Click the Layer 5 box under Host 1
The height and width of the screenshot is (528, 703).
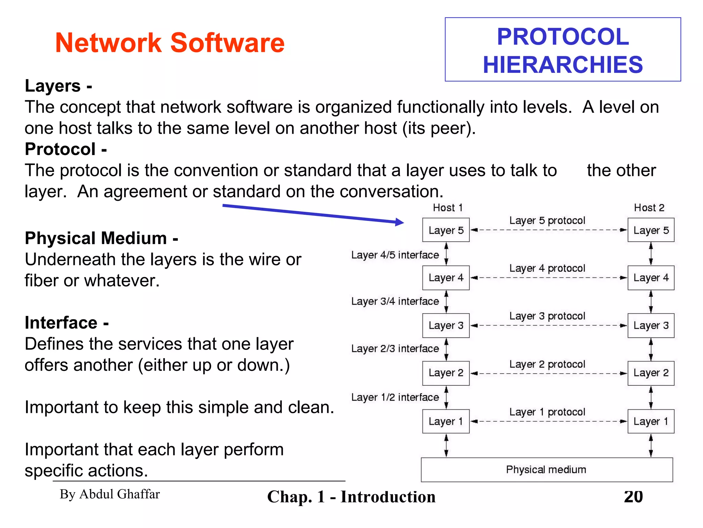point(446,230)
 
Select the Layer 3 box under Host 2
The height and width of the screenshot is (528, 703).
point(651,325)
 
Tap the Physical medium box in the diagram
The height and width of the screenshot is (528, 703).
point(546,470)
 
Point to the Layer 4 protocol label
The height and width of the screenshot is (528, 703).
point(547,268)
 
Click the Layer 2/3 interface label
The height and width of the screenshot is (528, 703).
point(395,349)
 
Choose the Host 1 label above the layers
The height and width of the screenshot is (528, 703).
point(448,208)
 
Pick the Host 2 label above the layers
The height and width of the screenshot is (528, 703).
point(649,208)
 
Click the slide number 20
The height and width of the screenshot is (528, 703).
point(633,497)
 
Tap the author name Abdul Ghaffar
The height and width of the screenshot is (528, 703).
point(110,494)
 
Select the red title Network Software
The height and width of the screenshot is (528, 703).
point(170,43)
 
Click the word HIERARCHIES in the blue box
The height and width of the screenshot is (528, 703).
point(563,65)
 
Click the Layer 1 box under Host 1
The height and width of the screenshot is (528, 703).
point(446,421)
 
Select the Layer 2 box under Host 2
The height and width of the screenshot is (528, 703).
point(651,373)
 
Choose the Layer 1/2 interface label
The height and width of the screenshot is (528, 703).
point(395,397)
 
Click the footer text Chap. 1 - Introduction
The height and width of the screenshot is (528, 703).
point(351,497)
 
